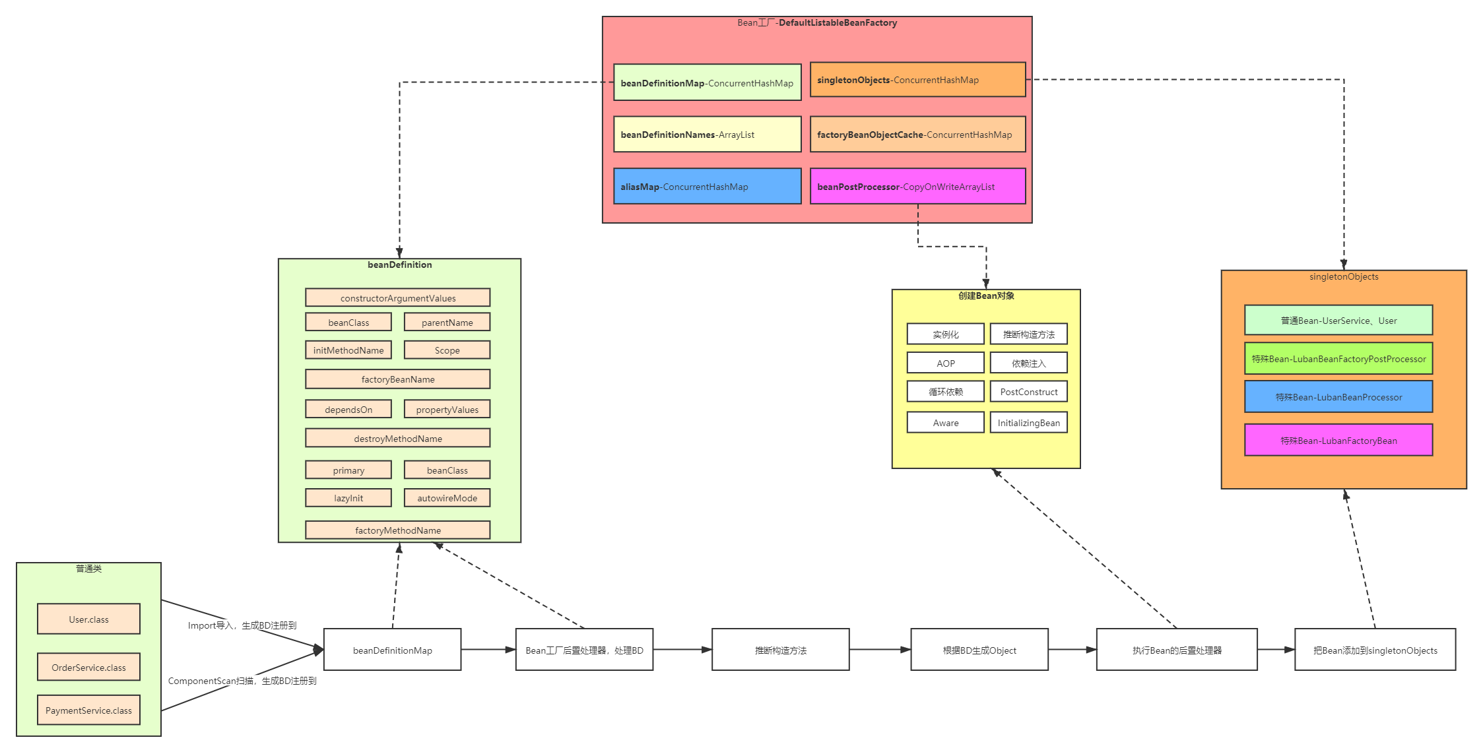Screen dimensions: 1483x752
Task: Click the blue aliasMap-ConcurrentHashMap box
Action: click(x=707, y=186)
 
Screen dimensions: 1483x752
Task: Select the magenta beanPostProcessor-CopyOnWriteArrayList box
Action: click(x=917, y=186)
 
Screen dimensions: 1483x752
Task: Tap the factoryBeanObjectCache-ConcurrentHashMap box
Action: click(x=917, y=135)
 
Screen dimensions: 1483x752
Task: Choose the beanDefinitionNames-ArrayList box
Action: click(x=707, y=135)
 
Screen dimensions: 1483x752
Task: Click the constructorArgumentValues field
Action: click(x=397, y=298)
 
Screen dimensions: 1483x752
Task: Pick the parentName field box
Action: click(x=447, y=322)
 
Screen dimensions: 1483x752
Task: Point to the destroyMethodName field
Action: click(x=397, y=438)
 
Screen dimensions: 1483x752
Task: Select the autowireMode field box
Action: click(x=447, y=497)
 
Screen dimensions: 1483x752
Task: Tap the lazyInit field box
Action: click(x=348, y=497)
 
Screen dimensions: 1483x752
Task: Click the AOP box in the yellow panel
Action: click(x=945, y=363)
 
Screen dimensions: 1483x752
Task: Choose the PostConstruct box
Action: click(x=1028, y=391)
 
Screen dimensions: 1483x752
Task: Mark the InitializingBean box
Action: click(x=1028, y=422)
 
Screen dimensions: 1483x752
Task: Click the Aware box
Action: click(x=945, y=422)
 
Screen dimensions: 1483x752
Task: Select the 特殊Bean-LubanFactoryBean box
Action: click(x=1338, y=440)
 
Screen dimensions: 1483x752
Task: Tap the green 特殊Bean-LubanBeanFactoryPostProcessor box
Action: click(x=1338, y=358)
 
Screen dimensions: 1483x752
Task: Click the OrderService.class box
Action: click(x=88, y=667)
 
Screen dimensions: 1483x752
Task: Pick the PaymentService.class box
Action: click(x=88, y=710)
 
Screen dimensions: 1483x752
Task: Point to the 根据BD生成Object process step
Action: click(x=979, y=650)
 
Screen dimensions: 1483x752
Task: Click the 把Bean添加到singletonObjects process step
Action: click(x=1375, y=650)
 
